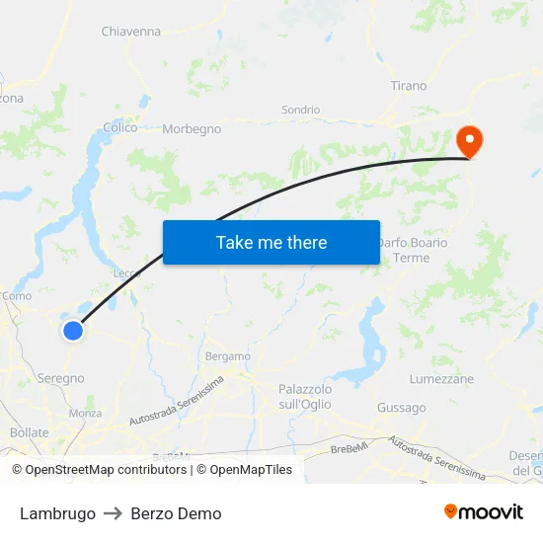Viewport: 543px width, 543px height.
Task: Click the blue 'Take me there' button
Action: coord(271,242)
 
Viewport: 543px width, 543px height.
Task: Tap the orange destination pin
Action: coord(469,141)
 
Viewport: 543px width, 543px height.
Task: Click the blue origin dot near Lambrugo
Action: coord(73,330)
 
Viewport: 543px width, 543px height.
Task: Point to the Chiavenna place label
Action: coord(130,32)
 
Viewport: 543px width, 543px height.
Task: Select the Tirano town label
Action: coord(409,86)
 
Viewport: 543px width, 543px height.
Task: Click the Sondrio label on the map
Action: coord(301,110)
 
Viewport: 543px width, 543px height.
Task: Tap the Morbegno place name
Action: coord(192,128)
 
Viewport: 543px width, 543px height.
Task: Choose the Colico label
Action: coord(120,127)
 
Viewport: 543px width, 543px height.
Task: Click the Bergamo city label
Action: coord(228,356)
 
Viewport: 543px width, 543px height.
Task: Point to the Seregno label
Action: coord(60,378)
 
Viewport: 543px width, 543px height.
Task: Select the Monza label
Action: coord(85,414)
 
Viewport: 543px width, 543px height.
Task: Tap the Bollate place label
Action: coord(29,432)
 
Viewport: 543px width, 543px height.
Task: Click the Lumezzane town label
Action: coord(441,379)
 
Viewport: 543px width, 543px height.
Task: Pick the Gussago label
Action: coord(402,408)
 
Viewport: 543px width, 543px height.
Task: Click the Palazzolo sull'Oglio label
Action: coord(305,397)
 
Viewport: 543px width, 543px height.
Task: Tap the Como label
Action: coord(17,295)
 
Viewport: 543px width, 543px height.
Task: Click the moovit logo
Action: coord(483,511)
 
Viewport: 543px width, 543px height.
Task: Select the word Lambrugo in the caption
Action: coord(57,513)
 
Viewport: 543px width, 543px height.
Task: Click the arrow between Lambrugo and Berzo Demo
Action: coord(114,513)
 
